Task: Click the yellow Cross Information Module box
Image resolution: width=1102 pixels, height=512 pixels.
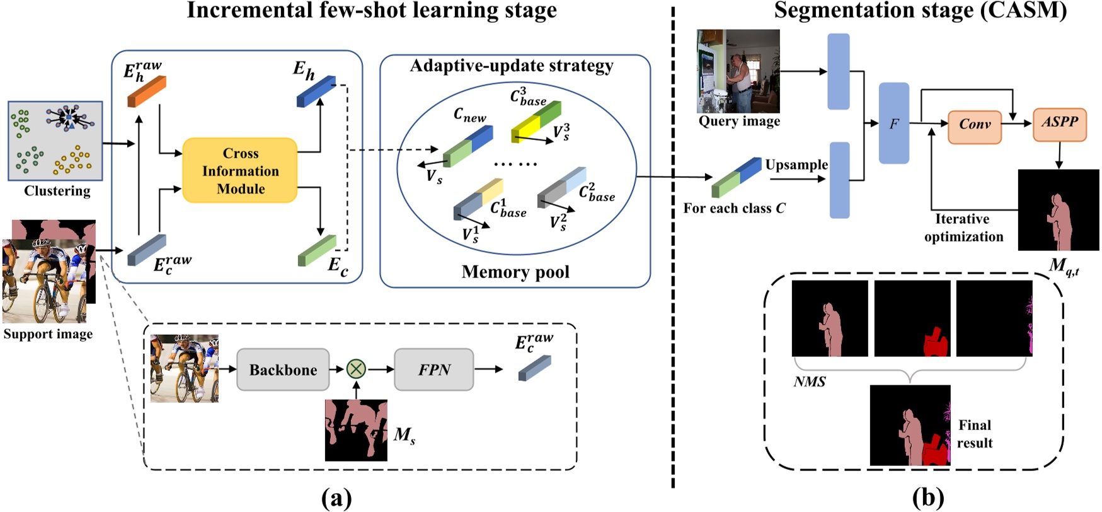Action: click(239, 170)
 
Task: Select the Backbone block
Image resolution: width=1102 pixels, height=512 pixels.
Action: click(283, 369)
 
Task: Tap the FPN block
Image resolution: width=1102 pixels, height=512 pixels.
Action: click(433, 369)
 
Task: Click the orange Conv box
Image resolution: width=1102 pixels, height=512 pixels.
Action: click(974, 125)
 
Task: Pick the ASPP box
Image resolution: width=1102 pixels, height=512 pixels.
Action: click(1059, 122)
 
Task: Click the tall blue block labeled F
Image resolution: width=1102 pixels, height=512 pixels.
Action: click(893, 124)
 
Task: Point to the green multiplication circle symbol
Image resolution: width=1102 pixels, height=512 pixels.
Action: click(356, 369)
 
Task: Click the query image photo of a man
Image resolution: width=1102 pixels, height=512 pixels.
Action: click(738, 71)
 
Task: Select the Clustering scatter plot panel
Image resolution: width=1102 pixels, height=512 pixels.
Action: click(55, 141)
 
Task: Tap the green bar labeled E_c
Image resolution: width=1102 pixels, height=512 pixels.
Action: click(317, 251)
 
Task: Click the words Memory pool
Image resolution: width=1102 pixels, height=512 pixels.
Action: click(515, 272)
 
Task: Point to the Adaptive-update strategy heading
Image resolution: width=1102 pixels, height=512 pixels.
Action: click(511, 66)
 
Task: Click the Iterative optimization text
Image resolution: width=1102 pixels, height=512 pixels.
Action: click(963, 228)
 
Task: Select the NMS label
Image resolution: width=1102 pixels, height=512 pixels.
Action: click(809, 381)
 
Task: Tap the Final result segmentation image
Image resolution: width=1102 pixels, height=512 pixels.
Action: click(910, 425)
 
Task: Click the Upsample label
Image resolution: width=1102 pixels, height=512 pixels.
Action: click(796, 165)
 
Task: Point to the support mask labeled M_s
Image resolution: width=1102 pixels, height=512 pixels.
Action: click(356, 430)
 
